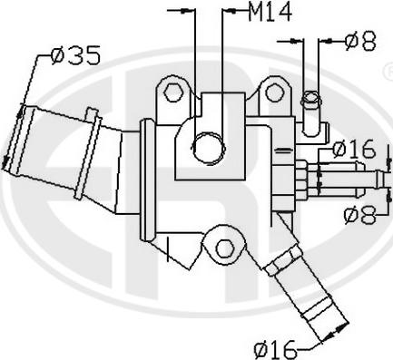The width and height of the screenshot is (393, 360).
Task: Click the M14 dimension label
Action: click(x=270, y=12)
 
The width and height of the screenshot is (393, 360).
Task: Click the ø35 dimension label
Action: click(x=75, y=55)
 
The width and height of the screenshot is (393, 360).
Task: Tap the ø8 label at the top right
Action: click(x=360, y=41)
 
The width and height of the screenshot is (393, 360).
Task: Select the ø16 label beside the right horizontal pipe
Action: click(x=353, y=149)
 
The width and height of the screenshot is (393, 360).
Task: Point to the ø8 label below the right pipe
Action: click(x=360, y=215)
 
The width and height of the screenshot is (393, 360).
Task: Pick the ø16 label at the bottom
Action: click(x=275, y=349)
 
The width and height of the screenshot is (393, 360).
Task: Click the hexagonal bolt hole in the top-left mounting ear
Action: click(x=172, y=92)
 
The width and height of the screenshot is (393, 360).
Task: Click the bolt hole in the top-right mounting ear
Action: click(x=275, y=92)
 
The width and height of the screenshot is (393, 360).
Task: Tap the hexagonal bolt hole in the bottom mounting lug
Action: click(x=224, y=248)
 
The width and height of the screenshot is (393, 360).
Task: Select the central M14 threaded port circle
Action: click(x=210, y=148)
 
